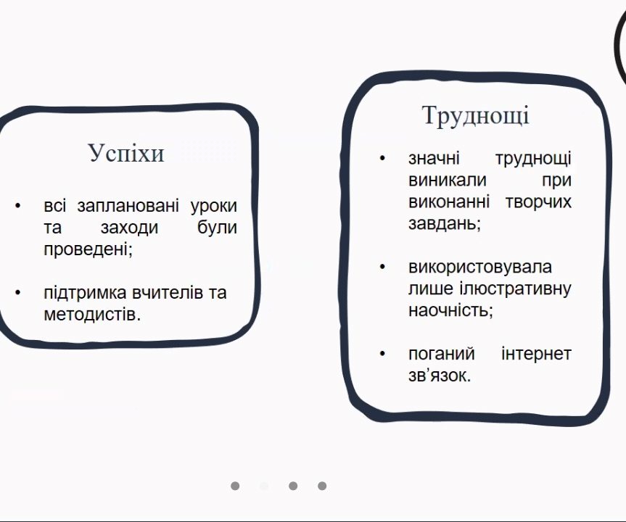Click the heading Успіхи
point(126,153)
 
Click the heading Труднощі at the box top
point(476,115)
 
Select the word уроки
point(213,206)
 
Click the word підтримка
point(85,294)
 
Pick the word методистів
point(91,316)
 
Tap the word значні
point(433,159)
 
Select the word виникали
point(447,180)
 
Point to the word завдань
point(444,224)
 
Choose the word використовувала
point(479,267)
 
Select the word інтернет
point(536,354)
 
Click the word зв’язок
point(440,376)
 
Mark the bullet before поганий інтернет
point(382,354)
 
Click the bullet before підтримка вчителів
point(17,293)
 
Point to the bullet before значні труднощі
point(382,158)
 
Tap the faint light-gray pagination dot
point(264,486)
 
